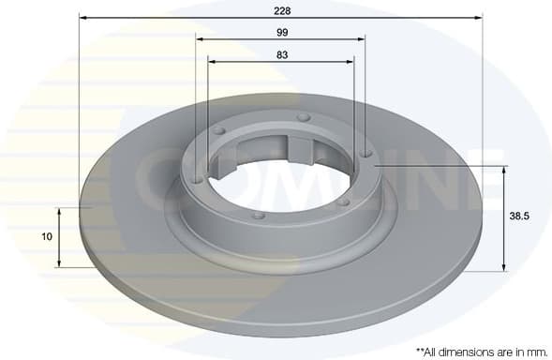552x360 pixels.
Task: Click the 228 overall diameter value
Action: point(281,10)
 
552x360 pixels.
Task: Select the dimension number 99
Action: point(281,32)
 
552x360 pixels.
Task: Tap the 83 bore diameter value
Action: point(281,53)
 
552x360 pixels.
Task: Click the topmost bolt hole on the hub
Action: point(303,117)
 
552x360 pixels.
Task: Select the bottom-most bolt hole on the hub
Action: point(260,215)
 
